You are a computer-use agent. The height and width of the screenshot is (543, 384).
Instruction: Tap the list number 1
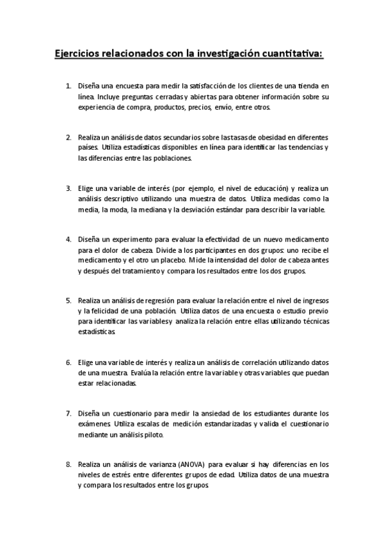coord(68,85)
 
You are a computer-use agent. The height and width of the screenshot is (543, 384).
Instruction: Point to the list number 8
coord(68,463)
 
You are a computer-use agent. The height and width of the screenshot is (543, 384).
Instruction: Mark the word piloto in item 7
coord(152,435)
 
